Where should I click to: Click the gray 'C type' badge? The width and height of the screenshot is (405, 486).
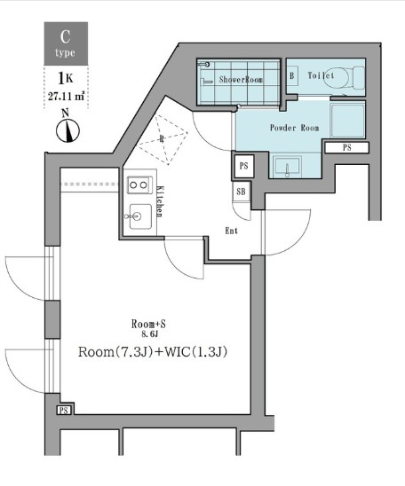click(66, 43)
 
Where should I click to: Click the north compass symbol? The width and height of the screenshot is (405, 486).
click(66, 129)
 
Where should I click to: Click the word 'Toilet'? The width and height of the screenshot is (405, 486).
click(321, 76)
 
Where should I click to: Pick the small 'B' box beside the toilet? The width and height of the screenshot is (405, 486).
click(292, 76)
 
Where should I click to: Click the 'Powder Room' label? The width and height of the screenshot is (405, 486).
click(294, 128)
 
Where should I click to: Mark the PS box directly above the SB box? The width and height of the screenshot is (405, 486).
click(243, 165)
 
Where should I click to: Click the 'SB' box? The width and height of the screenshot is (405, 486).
click(242, 192)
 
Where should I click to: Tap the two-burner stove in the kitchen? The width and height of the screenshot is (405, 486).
click(139, 184)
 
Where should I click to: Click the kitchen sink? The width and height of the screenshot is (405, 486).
click(139, 215)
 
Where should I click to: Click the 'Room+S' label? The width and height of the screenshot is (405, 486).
click(147, 324)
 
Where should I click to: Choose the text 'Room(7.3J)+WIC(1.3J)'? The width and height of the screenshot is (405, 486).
click(154, 351)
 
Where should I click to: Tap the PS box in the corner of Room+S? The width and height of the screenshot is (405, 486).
click(64, 411)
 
